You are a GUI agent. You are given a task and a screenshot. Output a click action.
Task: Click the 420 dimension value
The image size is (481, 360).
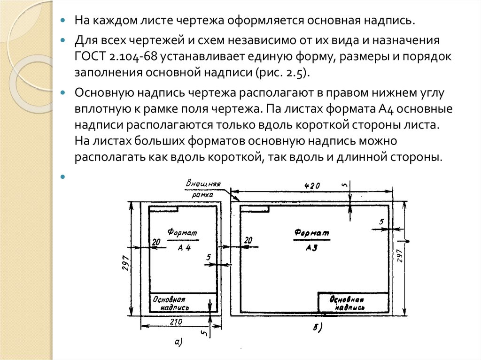pyautogui.click(x=312, y=186)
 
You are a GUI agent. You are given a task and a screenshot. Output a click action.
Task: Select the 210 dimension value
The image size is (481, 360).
pyautogui.click(x=176, y=322)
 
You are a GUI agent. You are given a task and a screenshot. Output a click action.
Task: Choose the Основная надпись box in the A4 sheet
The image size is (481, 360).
pyautogui.click(x=183, y=303)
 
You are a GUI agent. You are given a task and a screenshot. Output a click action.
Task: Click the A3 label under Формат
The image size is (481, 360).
pyautogui.click(x=311, y=248)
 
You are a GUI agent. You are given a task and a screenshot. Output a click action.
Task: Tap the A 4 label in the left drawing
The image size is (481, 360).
pyautogui.click(x=184, y=249)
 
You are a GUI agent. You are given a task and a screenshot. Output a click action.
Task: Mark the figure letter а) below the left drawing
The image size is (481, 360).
pyautogui.click(x=178, y=343)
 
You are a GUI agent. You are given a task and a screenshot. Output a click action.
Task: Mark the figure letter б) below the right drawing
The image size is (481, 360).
pyautogui.click(x=317, y=328)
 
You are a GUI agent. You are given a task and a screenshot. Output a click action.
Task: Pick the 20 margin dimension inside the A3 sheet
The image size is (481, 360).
pyautogui.click(x=248, y=240)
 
